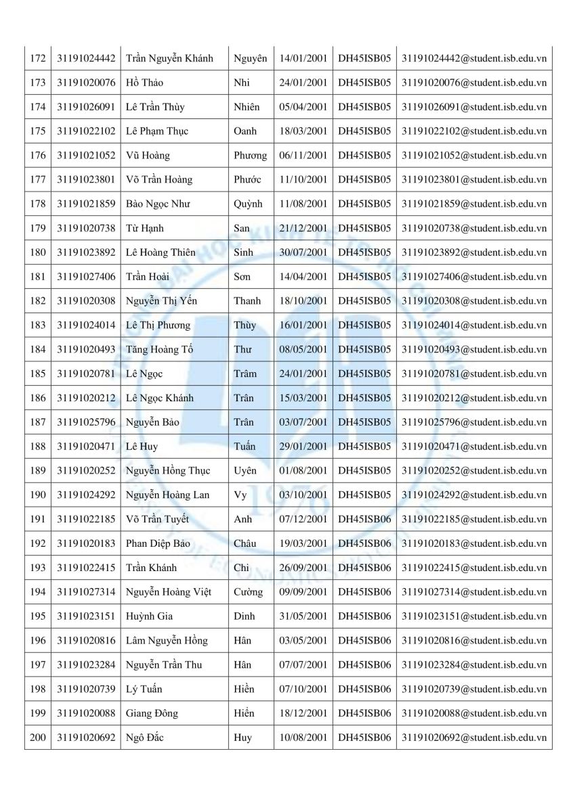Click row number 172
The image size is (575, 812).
click(38, 58)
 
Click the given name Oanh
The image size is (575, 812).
click(244, 131)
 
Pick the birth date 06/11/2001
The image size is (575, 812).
click(303, 156)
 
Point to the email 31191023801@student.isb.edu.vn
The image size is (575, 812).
click(473, 180)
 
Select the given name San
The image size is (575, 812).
click(241, 228)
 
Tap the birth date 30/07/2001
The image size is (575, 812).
click(303, 252)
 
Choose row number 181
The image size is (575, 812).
click(38, 277)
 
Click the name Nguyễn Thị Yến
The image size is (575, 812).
click(162, 301)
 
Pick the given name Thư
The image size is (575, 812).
click(242, 349)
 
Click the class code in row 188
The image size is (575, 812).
click(364, 447)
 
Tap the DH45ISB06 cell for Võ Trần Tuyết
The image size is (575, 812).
click(364, 519)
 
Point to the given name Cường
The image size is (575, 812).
click(248, 592)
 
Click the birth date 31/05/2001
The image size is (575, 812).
click(303, 616)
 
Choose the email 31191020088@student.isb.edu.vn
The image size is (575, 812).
click(473, 713)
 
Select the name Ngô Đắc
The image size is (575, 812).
click(144, 738)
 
